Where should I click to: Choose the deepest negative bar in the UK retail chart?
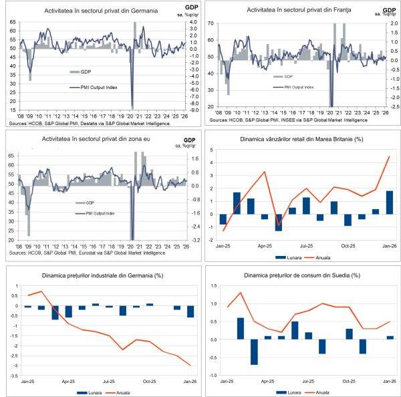[x=279, y=223]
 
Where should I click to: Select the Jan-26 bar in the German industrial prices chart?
[x=190, y=312]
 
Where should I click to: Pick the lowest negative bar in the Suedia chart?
[x=255, y=352]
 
